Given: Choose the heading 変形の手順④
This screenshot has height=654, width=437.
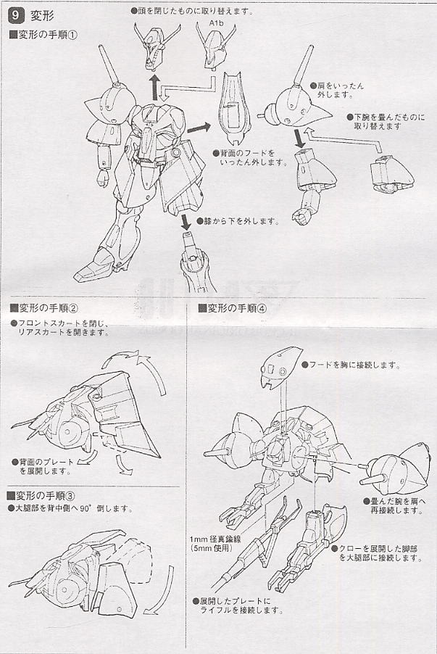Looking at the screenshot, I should coord(232,307).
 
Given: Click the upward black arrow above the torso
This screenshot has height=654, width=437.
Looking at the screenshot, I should coord(154,86).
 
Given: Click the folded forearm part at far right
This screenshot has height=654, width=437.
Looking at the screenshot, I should coord(388,173).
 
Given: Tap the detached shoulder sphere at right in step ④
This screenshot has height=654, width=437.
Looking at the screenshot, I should coord(396,465).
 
